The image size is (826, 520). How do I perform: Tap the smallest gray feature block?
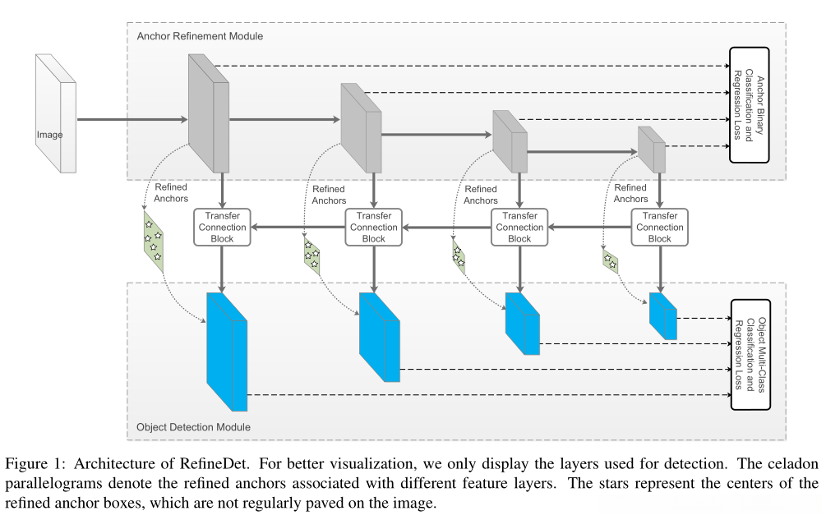coord(653,149)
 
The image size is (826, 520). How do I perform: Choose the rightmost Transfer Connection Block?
coord(659,227)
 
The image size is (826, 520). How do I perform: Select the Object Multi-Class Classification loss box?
coord(750,354)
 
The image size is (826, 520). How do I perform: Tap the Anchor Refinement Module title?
coord(201,36)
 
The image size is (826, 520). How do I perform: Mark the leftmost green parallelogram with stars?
coord(151,241)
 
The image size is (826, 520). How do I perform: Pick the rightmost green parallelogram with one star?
coord(610,261)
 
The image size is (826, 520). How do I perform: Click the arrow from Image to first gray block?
coord(132,119)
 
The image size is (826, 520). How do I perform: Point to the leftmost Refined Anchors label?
coord(171,192)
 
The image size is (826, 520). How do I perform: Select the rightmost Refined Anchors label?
coord(630,193)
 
